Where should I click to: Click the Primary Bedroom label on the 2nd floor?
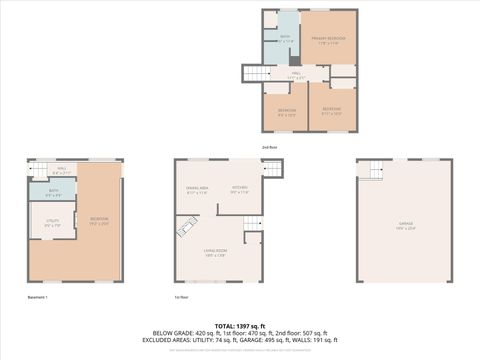328,41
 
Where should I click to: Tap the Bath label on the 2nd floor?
284,39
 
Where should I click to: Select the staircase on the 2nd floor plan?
257,73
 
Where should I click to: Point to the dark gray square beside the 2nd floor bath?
294,60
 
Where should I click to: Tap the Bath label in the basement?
54,192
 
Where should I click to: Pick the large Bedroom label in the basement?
99,220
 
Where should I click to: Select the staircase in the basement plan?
38,170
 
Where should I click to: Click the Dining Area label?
196,190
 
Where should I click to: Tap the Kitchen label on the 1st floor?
240,190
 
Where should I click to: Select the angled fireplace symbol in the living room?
185,229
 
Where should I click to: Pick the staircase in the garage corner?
372,170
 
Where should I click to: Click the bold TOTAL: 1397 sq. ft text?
239,325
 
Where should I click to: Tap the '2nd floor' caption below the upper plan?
270,147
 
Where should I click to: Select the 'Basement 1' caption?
38,298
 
